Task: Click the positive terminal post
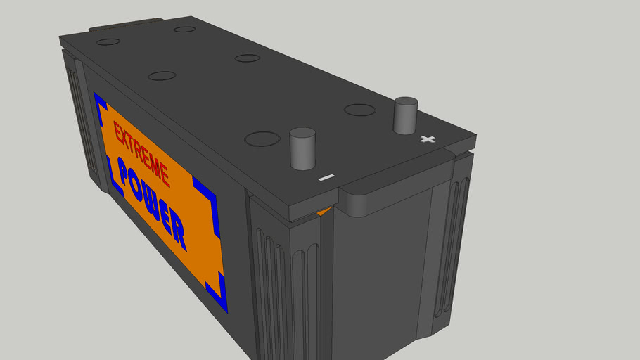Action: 406,116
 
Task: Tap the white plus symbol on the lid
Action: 427,139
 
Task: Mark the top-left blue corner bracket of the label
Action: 100,103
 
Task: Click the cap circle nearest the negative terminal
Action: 261,139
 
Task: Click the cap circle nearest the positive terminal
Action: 359,110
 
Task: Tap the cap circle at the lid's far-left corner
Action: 108,42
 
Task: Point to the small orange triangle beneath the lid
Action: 323,211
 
